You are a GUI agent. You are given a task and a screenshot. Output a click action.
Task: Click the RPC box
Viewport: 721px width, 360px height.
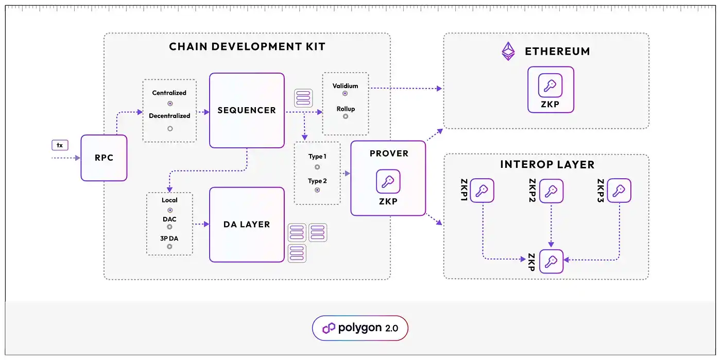coord(104,158)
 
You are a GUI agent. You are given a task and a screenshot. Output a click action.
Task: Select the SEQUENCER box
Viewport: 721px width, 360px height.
coord(247,110)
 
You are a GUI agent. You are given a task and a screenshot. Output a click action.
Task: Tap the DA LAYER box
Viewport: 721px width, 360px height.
coord(247,224)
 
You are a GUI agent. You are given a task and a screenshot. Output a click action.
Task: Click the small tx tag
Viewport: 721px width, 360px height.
coord(60,145)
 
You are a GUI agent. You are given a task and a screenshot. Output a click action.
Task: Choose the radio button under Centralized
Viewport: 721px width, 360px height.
coord(170,104)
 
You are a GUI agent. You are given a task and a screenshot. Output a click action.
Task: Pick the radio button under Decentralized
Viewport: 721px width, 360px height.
coord(170,128)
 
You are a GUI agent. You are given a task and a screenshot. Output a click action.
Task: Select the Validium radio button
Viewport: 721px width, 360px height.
coord(345,94)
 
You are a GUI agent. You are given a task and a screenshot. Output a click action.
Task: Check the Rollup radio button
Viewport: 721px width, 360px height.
coord(345,116)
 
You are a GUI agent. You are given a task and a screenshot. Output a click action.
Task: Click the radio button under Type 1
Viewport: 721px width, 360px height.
coord(317,167)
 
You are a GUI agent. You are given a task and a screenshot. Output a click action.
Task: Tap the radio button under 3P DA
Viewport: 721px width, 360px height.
coord(169,247)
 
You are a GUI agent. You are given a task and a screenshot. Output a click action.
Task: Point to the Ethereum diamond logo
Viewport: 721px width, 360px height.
coord(509,51)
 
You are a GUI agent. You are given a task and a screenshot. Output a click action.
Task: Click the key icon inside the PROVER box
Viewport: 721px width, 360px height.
coord(388,181)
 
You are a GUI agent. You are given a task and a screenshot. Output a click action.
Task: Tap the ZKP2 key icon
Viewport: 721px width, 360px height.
coord(551,191)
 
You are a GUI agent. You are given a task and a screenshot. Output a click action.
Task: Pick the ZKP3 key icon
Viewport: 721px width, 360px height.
coord(619,191)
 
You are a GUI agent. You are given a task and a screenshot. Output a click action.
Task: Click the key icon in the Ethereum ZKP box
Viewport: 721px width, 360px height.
coord(550,85)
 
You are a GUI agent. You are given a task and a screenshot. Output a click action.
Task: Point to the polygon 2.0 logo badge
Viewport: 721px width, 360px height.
coord(360,328)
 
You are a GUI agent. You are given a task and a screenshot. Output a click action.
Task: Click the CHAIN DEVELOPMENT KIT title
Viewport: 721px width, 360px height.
coord(247,47)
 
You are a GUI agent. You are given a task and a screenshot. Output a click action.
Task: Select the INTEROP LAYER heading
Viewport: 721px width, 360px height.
coord(547,165)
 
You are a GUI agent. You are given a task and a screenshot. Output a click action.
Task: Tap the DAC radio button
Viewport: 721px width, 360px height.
coord(169,227)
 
